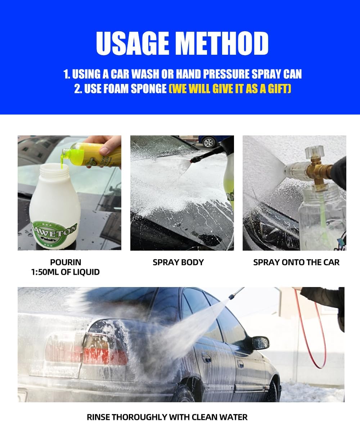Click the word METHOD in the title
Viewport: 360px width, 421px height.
(223, 43)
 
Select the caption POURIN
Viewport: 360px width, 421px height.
(66, 262)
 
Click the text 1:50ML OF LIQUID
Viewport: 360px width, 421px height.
(66, 272)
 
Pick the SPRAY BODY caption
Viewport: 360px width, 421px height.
(178, 262)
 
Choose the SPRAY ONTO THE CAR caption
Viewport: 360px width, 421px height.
(296, 262)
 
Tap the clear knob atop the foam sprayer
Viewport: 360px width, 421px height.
(314, 151)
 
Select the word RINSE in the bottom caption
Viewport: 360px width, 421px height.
(98, 417)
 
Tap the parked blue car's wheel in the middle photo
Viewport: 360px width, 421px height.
(208, 142)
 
